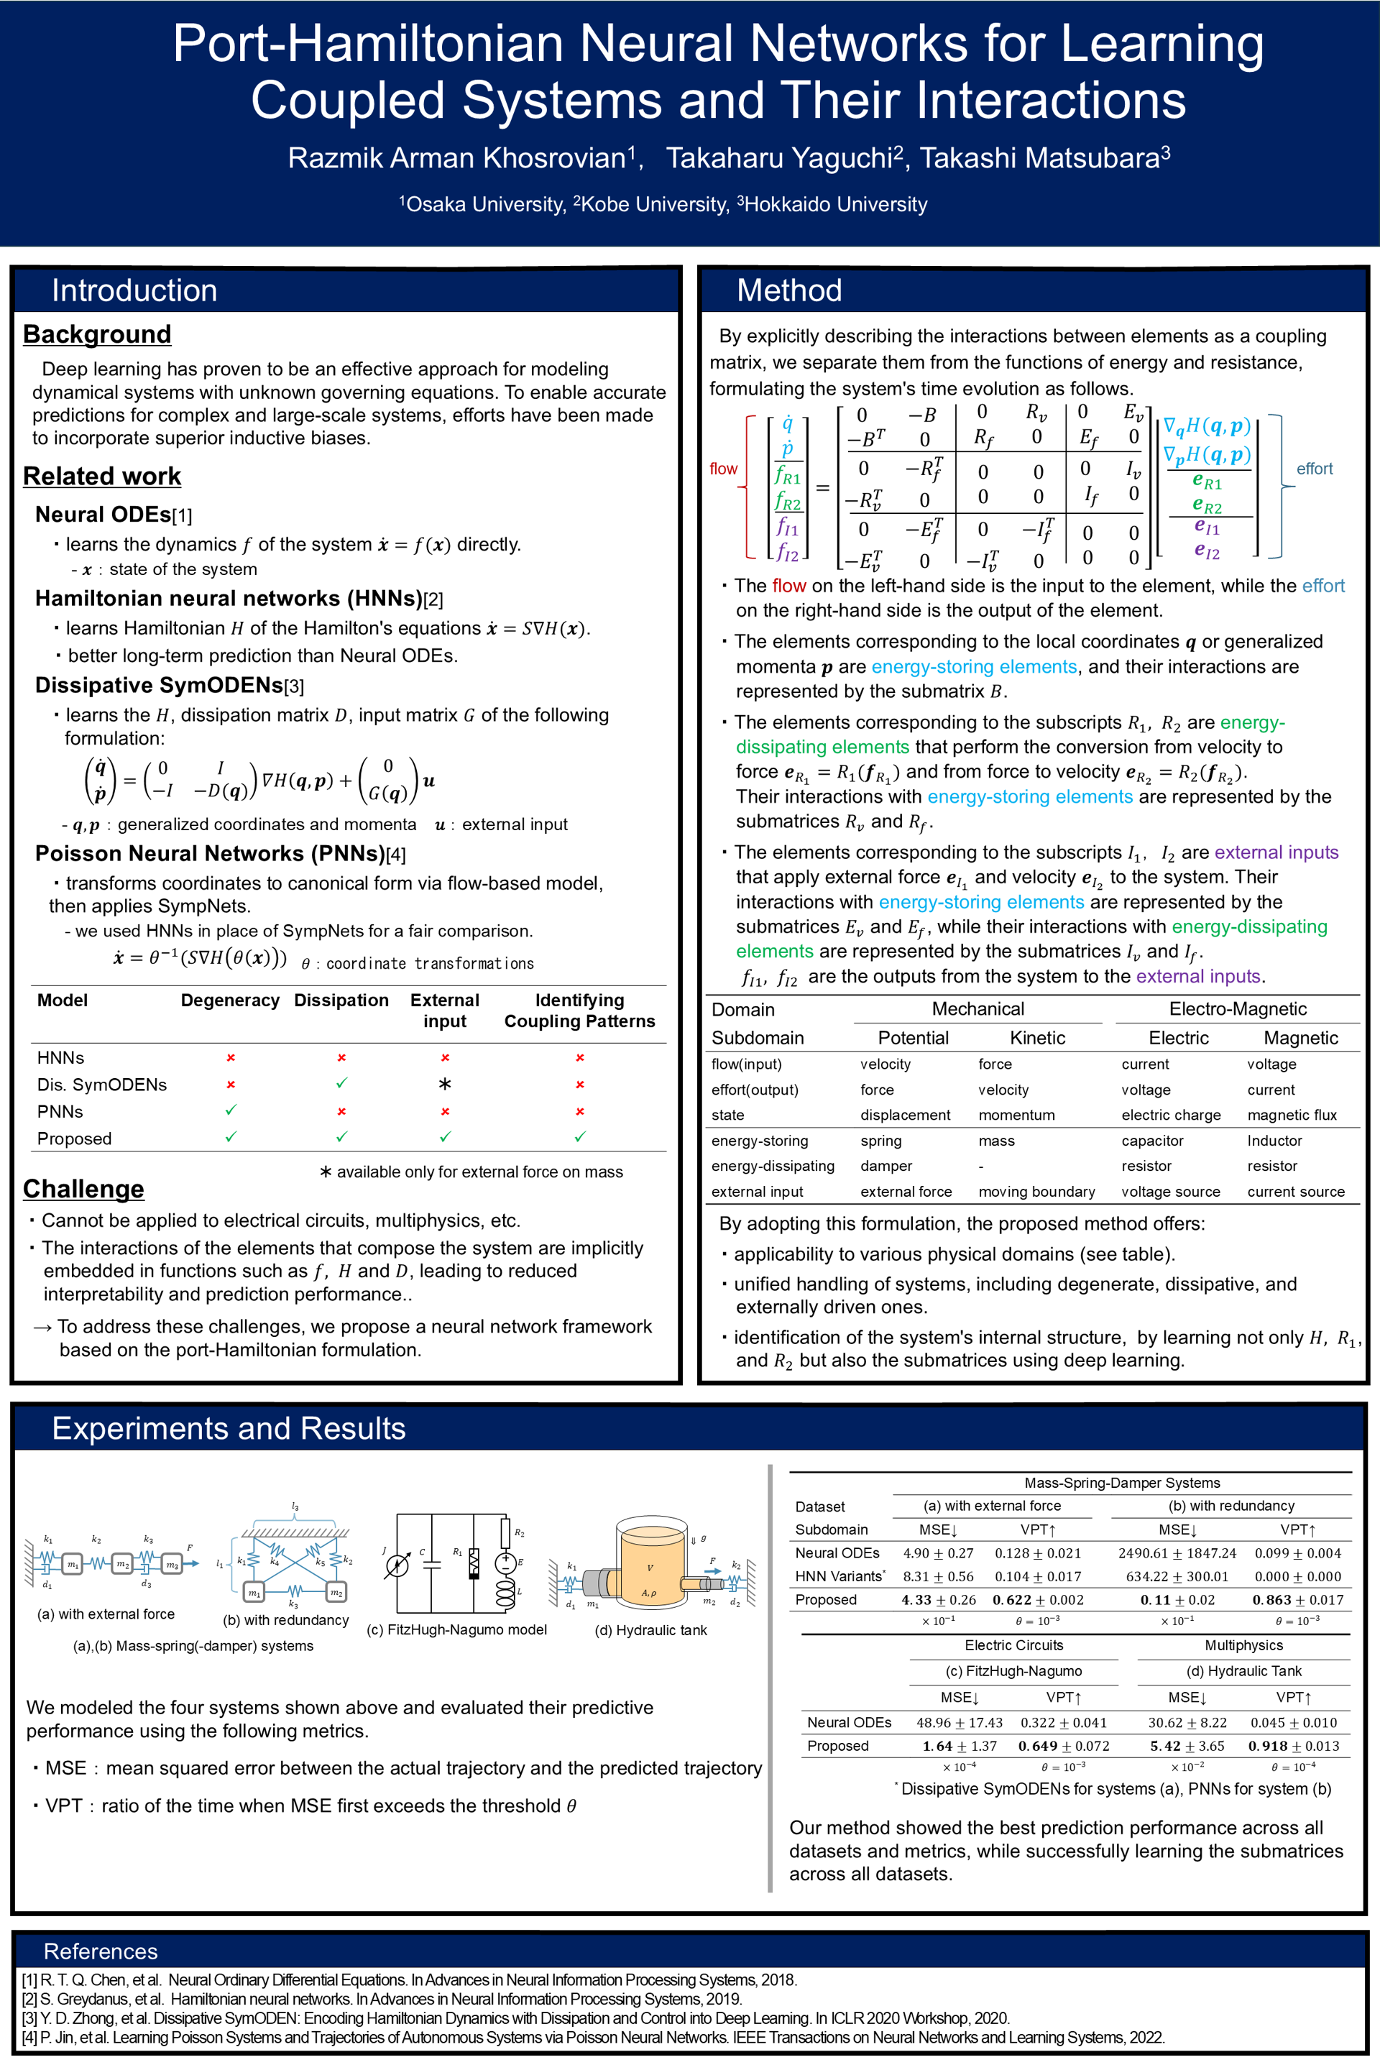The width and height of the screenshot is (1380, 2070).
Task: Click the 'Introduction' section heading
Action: (134, 290)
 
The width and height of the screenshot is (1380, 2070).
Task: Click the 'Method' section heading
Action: (788, 290)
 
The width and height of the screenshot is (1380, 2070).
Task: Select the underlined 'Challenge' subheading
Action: (83, 1189)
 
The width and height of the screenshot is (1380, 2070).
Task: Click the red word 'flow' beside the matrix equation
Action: (724, 469)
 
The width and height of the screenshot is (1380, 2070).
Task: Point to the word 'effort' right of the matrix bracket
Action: (1314, 469)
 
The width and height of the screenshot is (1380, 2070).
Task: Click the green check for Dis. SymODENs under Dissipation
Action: (341, 1083)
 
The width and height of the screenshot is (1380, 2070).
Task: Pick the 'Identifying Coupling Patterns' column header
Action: (579, 1011)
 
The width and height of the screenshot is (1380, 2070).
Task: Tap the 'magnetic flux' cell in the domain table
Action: (1291, 1115)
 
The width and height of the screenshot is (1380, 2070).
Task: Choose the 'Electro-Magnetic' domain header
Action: (1238, 1008)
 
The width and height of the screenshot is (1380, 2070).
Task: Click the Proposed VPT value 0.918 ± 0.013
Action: (1293, 1746)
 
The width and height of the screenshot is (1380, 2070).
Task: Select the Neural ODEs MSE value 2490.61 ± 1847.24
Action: (1177, 1553)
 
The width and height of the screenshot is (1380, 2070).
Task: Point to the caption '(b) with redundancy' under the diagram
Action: (286, 1620)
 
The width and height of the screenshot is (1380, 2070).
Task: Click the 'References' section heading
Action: (101, 1952)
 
